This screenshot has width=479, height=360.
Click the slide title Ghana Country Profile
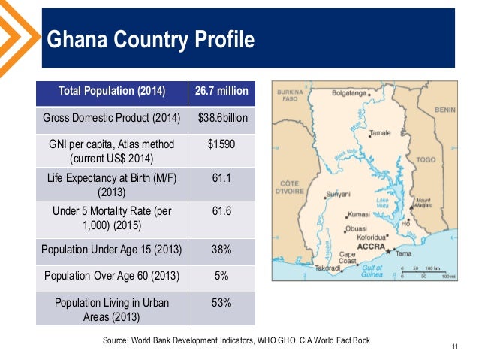click(x=149, y=38)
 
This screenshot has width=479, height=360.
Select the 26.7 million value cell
click(x=221, y=92)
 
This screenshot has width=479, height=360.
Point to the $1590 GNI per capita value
click(x=221, y=144)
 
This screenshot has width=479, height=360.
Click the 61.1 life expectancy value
click(x=221, y=178)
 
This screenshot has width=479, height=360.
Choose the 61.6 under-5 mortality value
click(x=221, y=212)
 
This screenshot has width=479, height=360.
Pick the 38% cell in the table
click(x=221, y=249)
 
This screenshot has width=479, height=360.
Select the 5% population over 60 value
click(x=221, y=276)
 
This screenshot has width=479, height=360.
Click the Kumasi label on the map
click(x=359, y=214)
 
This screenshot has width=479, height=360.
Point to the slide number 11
click(x=455, y=346)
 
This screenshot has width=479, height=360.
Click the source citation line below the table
click(x=236, y=340)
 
